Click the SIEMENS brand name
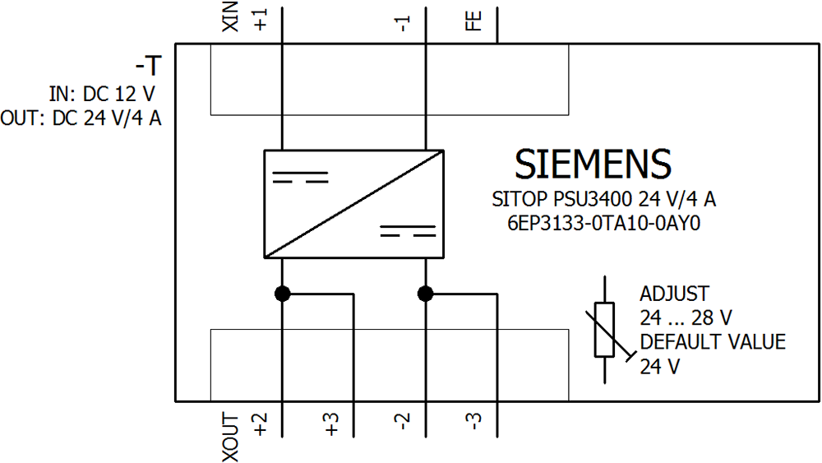coord(592,164)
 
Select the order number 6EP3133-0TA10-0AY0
coord(603,222)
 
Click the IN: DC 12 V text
coord(103,94)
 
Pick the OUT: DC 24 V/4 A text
coord(81,118)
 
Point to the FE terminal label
coord(473,21)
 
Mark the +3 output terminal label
coord(332,424)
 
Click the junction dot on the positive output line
coord(282,294)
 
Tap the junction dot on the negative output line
coord(425,294)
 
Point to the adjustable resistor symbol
coord(605,330)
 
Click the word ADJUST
coord(674,294)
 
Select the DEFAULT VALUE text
coord(713,342)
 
